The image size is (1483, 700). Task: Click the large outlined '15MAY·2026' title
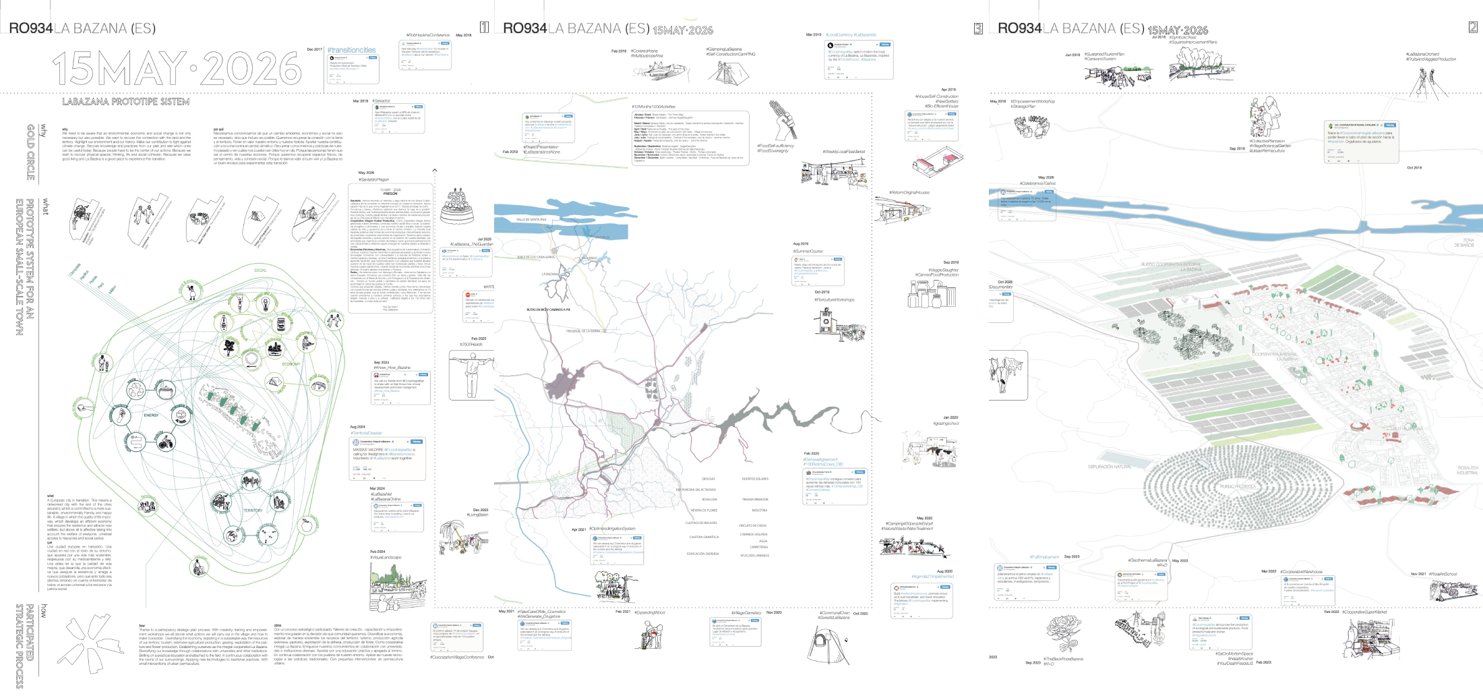(x=177, y=67)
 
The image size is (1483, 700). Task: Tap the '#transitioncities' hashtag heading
(x=351, y=51)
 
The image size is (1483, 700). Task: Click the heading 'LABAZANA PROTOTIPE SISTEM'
(x=126, y=102)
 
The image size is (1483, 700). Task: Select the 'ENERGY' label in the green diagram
(x=151, y=415)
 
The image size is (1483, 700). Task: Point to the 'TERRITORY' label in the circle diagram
(x=253, y=511)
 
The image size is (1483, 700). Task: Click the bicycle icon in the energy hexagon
(x=163, y=442)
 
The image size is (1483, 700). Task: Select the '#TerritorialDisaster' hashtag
(x=366, y=433)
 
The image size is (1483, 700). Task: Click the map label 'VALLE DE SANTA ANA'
(x=531, y=219)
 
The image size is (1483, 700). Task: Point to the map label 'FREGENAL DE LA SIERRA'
(x=583, y=331)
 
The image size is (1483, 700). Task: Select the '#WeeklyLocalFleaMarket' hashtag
(x=843, y=152)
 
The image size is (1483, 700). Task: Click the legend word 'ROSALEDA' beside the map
(x=709, y=500)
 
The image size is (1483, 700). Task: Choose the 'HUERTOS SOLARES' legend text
(x=755, y=479)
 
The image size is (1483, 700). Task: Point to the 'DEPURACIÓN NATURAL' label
(x=1109, y=467)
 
